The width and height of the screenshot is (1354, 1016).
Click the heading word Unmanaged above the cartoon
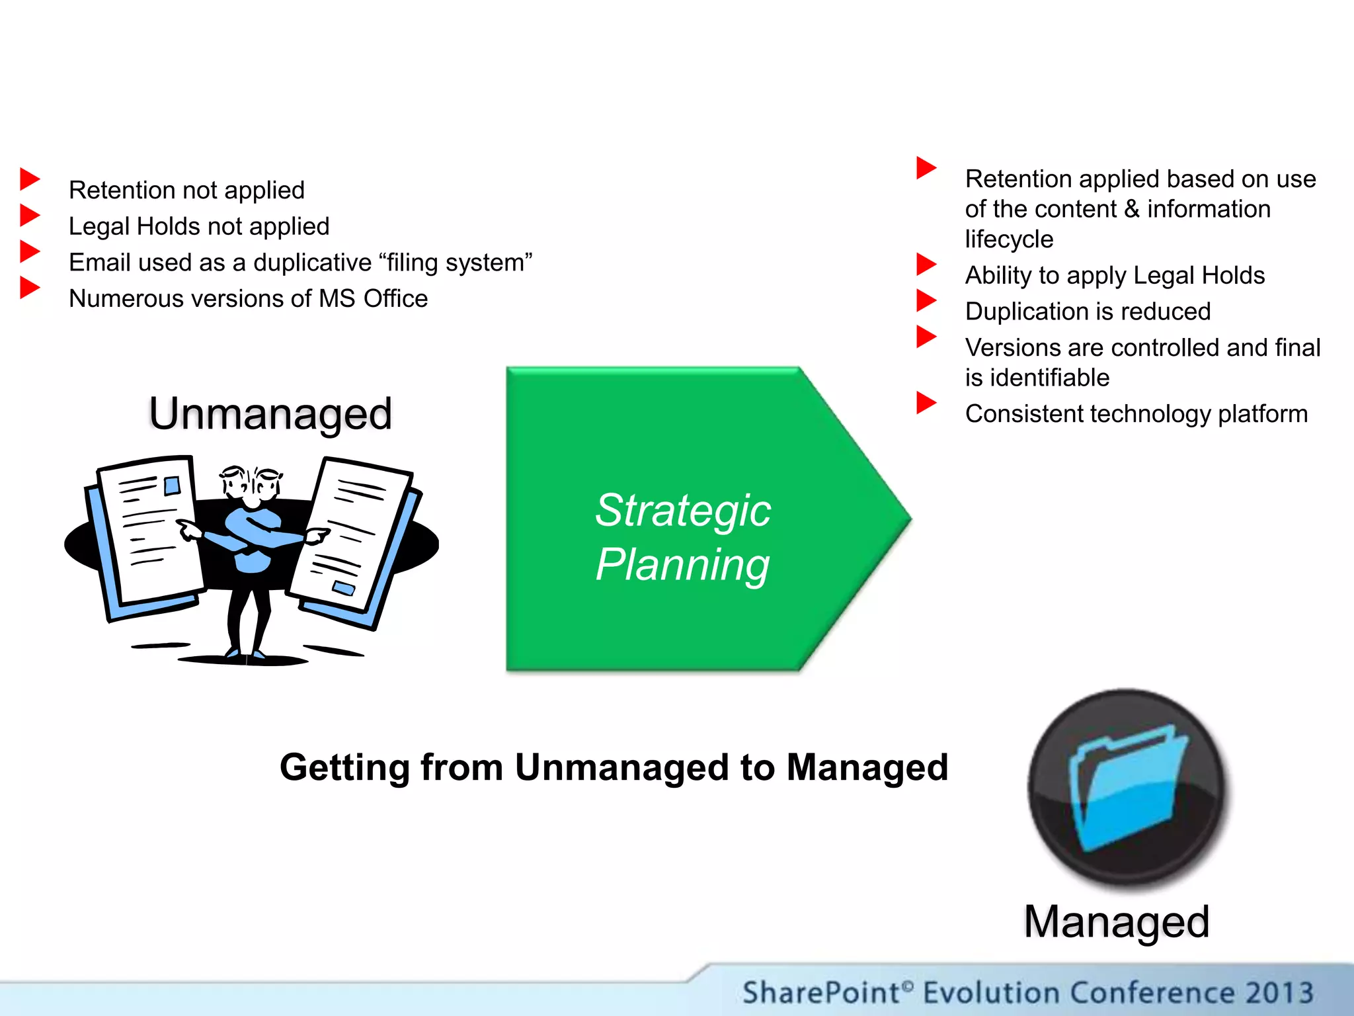coord(270,413)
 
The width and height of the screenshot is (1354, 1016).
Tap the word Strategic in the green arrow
coord(682,511)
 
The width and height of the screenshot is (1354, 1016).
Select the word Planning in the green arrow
coord(682,564)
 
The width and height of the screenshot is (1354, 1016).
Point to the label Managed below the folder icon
coord(1117,921)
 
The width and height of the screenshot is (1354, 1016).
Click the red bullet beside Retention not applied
coord(30,179)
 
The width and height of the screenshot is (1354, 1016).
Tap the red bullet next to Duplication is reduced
coord(926,300)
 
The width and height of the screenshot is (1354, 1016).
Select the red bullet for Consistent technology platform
coord(926,402)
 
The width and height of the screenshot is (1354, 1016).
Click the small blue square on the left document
coord(172,486)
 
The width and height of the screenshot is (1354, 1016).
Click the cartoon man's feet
coord(245,655)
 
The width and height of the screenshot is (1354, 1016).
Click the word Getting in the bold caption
coord(344,767)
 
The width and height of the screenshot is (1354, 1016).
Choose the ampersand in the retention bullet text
coord(1131,209)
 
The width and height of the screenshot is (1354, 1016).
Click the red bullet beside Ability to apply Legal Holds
coord(926,264)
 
